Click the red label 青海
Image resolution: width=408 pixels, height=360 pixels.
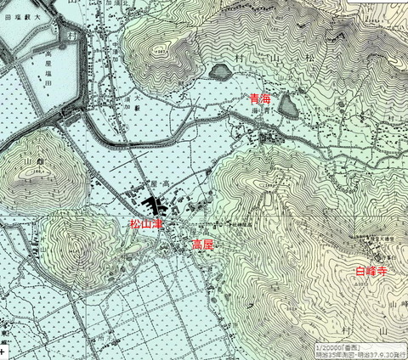pos(260,99)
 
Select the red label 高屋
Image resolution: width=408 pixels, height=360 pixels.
pos(202,245)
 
